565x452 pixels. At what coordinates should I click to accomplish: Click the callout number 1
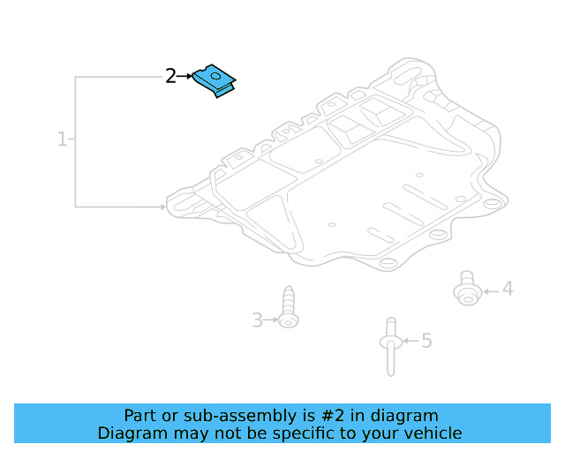click(62, 139)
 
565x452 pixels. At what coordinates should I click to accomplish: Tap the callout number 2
click(170, 76)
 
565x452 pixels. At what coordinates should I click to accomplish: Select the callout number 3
click(257, 320)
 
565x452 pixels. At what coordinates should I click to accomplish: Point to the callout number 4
click(508, 289)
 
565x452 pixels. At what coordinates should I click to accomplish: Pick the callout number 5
click(426, 340)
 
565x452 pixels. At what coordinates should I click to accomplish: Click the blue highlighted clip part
click(216, 79)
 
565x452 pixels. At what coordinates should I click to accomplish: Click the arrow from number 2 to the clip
click(185, 77)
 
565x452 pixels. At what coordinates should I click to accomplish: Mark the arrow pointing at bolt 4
click(490, 290)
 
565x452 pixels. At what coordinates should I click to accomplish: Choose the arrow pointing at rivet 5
click(410, 340)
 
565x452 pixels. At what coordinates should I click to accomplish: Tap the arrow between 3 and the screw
click(271, 320)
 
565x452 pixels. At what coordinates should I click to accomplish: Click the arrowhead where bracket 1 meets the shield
click(163, 207)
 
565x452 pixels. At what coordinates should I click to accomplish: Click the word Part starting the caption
click(139, 415)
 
